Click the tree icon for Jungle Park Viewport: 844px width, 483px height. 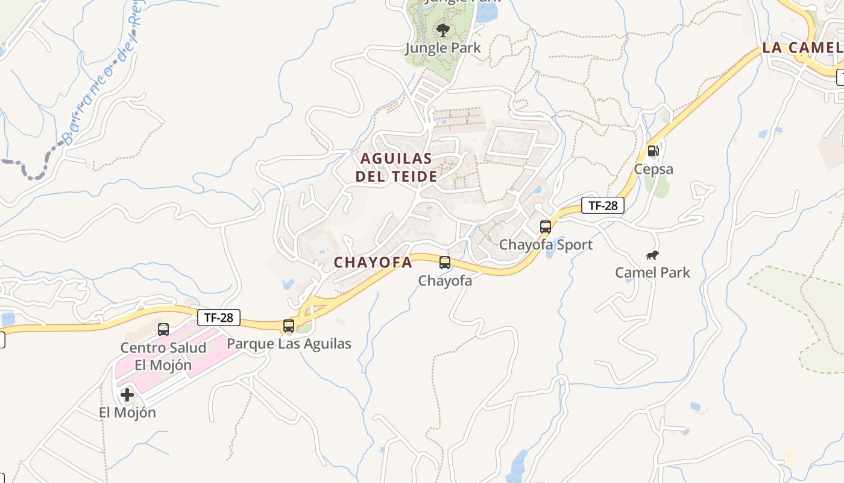(443, 30)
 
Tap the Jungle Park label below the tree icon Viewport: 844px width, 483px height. (443, 48)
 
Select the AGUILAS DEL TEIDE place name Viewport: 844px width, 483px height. (396, 167)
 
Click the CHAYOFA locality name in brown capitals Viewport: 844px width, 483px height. (373, 263)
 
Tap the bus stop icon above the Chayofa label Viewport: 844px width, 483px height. (445, 263)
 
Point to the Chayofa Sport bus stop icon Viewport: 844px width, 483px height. (546, 227)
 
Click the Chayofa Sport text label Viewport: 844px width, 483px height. (546, 245)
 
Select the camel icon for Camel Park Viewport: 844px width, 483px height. (652, 255)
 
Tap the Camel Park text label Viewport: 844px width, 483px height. (652, 272)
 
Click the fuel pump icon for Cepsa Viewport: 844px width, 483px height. (653, 151)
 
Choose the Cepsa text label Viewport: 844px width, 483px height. (653, 169)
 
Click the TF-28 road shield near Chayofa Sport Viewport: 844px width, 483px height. (603, 205)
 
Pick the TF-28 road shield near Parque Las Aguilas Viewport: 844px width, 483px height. (219, 318)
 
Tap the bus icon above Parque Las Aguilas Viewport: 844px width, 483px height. (289, 326)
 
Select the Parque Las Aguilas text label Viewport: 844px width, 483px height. (289, 344)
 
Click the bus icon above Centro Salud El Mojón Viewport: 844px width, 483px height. (163, 330)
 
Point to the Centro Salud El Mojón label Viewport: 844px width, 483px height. (163, 356)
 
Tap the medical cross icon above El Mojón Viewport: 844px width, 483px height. (127, 395)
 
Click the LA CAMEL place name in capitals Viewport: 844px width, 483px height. (802, 48)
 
